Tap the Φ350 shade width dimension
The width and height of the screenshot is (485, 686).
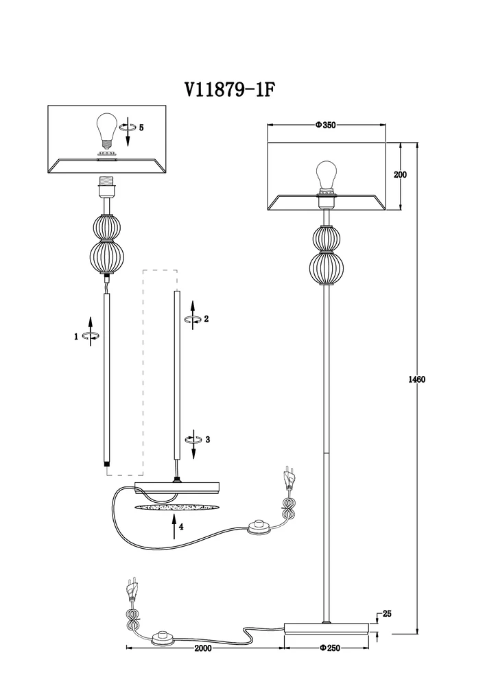click(x=324, y=126)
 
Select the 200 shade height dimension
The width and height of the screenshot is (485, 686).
click(x=400, y=175)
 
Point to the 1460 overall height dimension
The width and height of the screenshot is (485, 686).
click(x=416, y=380)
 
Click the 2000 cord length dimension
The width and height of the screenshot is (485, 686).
click(x=202, y=648)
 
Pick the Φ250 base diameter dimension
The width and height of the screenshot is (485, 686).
click(x=331, y=648)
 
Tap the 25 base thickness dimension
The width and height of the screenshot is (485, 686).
click(x=387, y=614)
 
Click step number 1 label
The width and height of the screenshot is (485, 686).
click(x=77, y=336)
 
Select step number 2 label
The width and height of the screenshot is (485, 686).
click(x=206, y=319)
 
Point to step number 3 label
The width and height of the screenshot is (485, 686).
click(x=206, y=439)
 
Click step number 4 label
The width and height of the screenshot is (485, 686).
click(x=181, y=527)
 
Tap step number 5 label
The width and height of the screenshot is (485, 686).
click(x=141, y=128)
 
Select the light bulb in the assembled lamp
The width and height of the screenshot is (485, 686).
click(x=326, y=175)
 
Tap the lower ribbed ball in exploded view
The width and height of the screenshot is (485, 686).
click(x=106, y=257)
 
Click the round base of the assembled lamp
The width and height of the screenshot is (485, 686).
click(x=327, y=627)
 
